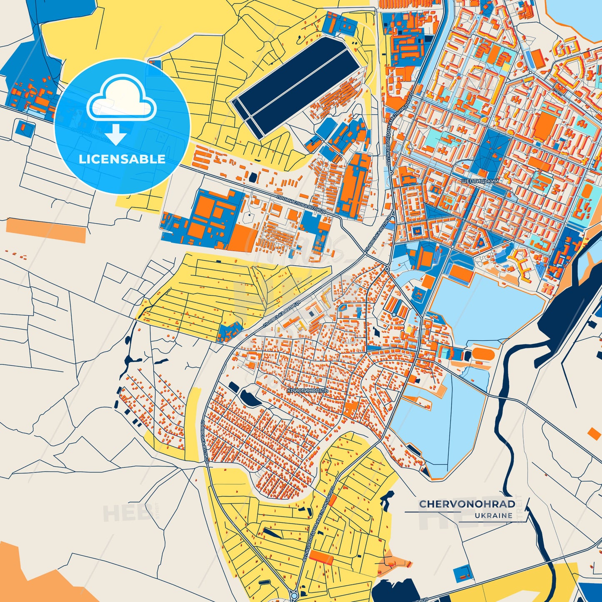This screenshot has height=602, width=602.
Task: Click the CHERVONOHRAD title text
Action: tap(467, 504)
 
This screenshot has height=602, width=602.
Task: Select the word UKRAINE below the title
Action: tap(493, 515)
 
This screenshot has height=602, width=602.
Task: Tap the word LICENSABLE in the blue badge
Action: tap(122, 159)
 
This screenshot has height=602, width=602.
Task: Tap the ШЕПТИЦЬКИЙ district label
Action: tap(480, 181)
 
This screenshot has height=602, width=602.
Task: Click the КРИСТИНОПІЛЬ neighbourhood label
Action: tap(307, 391)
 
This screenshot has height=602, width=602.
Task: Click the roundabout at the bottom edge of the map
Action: tap(294, 596)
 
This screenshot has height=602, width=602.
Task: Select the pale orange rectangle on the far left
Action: tap(46, 230)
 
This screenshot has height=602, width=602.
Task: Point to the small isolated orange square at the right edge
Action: tap(595, 434)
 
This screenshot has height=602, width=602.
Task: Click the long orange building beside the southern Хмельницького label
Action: tap(321, 557)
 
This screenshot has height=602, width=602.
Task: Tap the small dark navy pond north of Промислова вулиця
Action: tap(252, 177)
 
